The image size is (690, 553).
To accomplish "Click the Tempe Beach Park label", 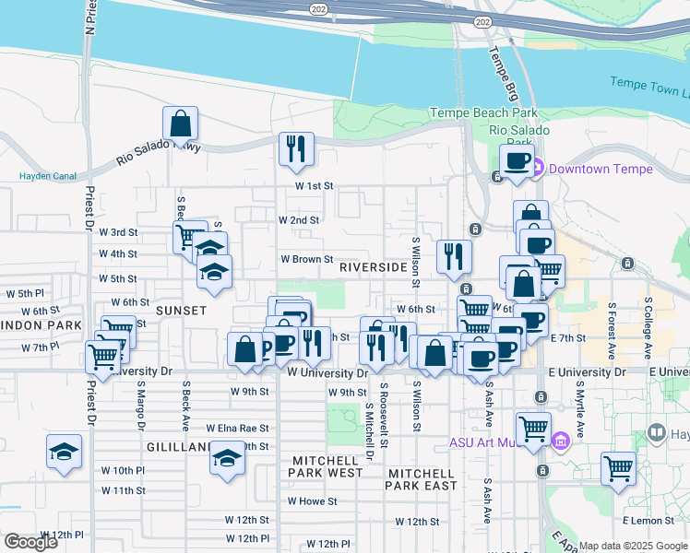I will coord(483,113).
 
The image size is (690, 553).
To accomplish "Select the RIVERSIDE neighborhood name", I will coord(374,266).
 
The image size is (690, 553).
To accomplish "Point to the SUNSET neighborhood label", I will coord(181,311).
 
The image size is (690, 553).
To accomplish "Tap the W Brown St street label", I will coord(306,259).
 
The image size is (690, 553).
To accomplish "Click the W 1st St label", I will coord(314,185).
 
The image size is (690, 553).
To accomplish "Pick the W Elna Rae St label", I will coord(237,428).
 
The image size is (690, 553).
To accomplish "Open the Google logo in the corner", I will coord(30,542).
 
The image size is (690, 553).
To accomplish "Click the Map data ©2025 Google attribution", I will coord(633,546).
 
